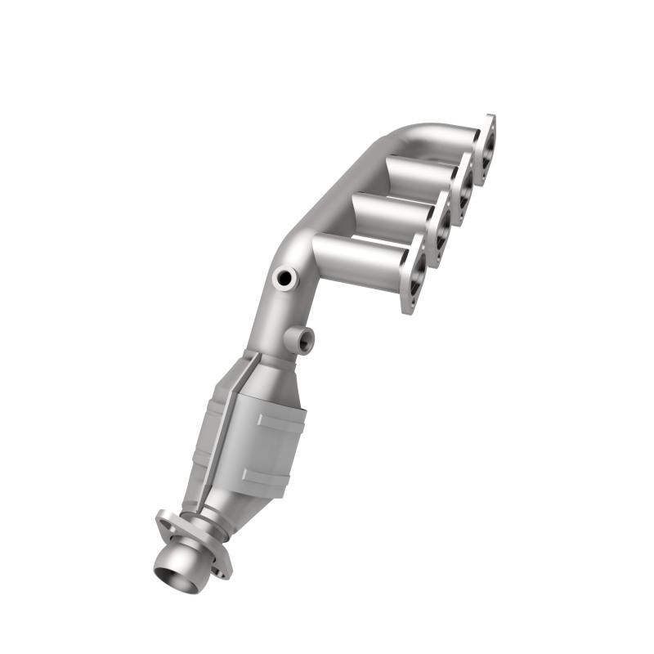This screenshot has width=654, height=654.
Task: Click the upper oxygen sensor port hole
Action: click(x=285, y=279)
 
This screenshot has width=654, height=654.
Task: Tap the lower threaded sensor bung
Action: click(x=300, y=338)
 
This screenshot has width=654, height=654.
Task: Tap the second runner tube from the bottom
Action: click(x=391, y=215)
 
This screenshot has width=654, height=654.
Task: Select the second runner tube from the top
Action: click(x=417, y=173)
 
